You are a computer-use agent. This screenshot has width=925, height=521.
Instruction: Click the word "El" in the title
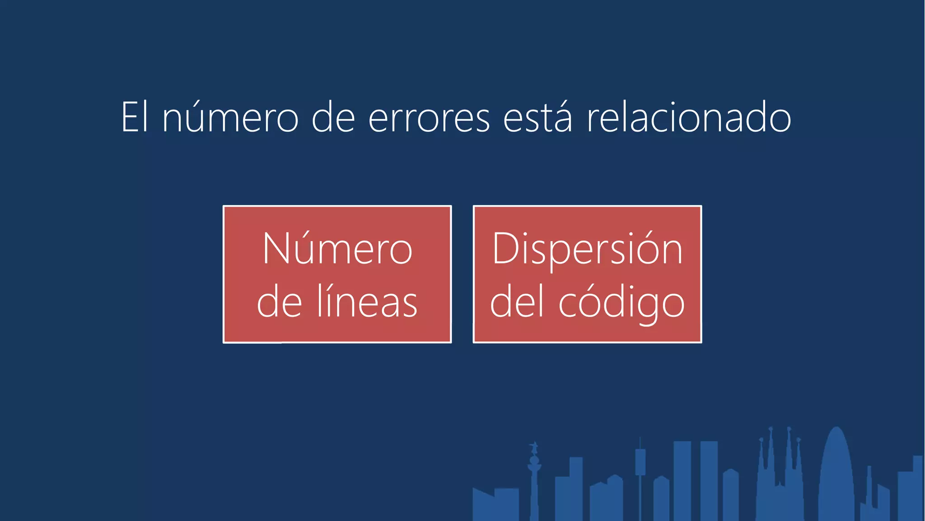(x=134, y=117)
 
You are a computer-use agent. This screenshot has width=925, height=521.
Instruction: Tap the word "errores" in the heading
(x=429, y=118)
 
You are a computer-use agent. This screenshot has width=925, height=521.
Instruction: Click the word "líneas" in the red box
(x=367, y=302)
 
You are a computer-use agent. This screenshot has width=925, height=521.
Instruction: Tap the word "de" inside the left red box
(x=279, y=302)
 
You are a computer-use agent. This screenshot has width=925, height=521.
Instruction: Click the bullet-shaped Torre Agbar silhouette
(x=836, y=475)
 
